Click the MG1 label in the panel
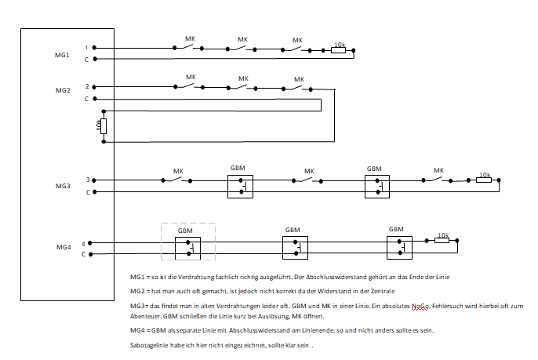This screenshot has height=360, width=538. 63,55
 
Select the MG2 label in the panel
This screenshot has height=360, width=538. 63,91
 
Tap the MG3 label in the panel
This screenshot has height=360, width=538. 63,186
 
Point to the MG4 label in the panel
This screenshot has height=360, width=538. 63,248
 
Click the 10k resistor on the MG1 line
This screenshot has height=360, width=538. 339,50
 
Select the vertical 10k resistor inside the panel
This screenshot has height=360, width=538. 104,125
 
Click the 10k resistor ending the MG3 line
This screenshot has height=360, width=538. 483,180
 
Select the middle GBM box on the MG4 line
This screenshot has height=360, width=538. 295,248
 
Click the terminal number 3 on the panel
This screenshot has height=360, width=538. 87,180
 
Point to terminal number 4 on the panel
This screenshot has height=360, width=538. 82,243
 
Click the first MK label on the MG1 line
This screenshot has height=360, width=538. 189,38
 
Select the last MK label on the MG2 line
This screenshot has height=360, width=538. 299,78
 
